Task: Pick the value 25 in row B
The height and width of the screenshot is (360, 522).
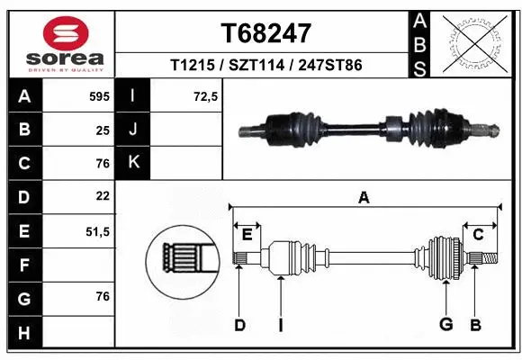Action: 103,130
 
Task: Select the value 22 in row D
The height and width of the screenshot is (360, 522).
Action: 103,196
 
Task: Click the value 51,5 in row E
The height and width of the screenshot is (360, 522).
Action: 97,230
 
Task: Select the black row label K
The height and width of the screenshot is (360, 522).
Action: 134,163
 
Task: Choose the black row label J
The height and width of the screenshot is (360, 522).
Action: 134,130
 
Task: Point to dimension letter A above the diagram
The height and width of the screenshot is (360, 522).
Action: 364,198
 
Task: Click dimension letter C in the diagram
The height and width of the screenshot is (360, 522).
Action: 479,235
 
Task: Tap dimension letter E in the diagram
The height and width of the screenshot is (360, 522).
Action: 247,235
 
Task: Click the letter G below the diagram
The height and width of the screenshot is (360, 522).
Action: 445,324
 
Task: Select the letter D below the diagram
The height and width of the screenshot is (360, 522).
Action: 239,324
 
